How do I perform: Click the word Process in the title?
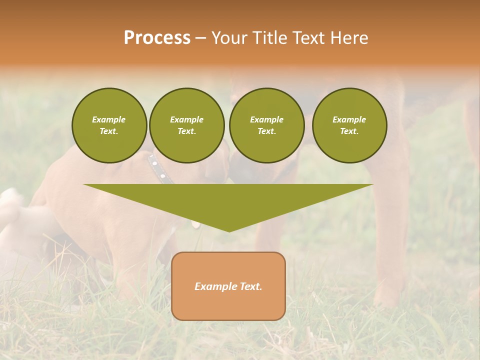pyautogui.click(x=157, y=38)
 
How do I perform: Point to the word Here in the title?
pyautogui.click(x=348, y=38)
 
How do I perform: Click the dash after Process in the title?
pyautogui.click(x=200, y=38)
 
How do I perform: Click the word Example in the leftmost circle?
pyautogui.click(x=109, y=119)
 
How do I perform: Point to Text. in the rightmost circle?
pyautogui.click(x=349, y=131)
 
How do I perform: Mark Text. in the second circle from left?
pyautogui.click(x=187, y=131)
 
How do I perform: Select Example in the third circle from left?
pyautogui.click(x=267, y=119)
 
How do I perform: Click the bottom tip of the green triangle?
pyautogui.click(x=229, y=230)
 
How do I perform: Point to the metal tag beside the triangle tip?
pyautogui.click(x=195, y=224)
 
